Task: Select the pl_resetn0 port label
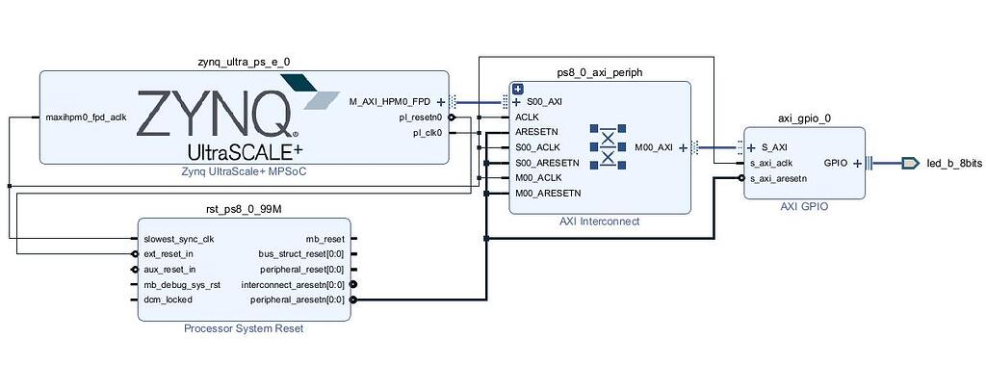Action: pyautogui.click(x=421, y=117)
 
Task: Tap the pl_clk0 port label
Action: pyautogui.click(x=427, y=133)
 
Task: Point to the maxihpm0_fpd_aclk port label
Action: pyautogui.click(x=87, y=117)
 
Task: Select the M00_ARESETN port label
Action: pyautogui.click(x=548, y=194)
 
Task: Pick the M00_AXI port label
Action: pyautogui.click(x=655, y=147)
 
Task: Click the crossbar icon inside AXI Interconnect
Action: pyautogui.click(x=608, y=147)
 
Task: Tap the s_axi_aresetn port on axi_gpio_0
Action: pyautogui.click(x=778, y=178)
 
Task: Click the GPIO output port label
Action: pyautogui.click(x=835, y=163)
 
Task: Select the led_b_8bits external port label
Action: pyautogui.click(x=954, y=164)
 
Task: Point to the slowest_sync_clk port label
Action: pyautogui.click(x=179, y=239)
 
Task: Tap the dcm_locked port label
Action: pyautogui.click(x=168, y=300)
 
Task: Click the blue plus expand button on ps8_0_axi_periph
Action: pyautogui.click(x=517, y=89)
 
